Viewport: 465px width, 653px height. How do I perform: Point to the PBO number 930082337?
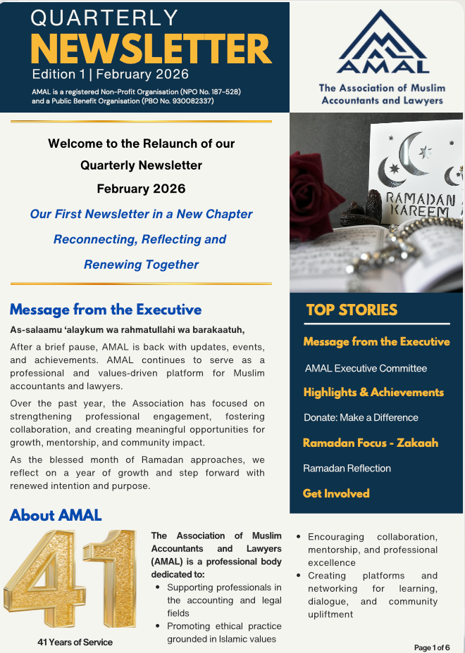pyautogui.click(x=190, y=101)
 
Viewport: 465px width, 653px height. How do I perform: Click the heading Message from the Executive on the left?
pyautogui.click(x=106, y=310)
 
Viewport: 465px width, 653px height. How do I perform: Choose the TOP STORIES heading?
pyautogui.click(x=352, y=310)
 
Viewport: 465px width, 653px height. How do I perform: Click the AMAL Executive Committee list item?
pyautogui.click(x=366, y=368)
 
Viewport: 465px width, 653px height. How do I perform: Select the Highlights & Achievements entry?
pyautogui.click(x=373, y=392)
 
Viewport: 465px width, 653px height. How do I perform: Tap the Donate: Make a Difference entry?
pyautogui.click(x=361, y=417)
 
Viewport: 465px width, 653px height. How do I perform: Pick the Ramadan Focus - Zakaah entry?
pyautogui.click(x=371, y=443)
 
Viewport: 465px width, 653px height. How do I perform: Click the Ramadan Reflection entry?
pyautogui.click(x=347, y=468)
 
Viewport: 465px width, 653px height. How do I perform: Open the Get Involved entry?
pyautogui.click(x=336, y=493)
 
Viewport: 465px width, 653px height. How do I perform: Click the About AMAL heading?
pyautogui.click(x=56, y=515)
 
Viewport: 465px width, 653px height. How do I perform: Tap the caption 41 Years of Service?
pyautogui.click(x=75, y=642)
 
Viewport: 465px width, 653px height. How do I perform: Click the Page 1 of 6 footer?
pyautogui.click(x=431, y=647)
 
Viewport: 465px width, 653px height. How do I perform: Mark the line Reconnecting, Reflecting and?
pyautogui.click(x=139, y=239)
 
